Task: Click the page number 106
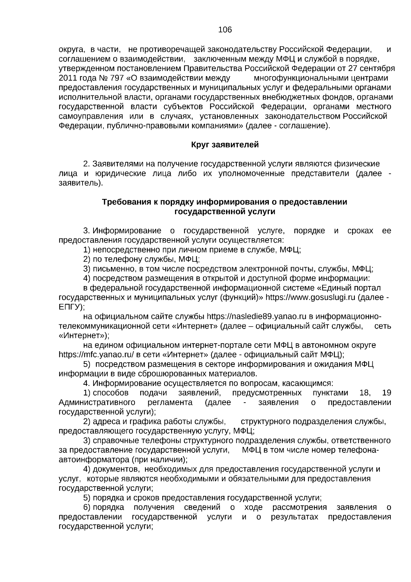[x=225, y=30]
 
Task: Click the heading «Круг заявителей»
[x=225, y=145]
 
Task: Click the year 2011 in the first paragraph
[x=68, y=78]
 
